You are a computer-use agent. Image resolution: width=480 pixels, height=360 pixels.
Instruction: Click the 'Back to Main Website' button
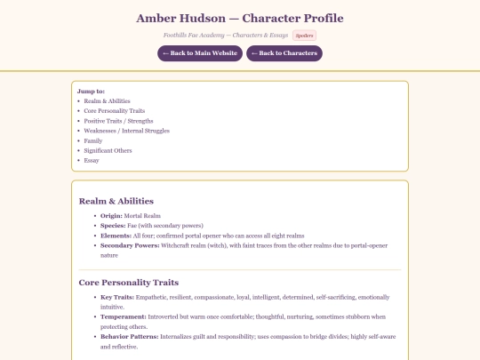point(199,53)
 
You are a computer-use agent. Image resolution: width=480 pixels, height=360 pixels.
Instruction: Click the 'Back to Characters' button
point(284,53)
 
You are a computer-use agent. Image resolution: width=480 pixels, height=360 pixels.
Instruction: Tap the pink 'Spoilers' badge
point(304,36)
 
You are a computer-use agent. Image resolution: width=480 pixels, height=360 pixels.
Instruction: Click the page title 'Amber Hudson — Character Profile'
point(239,18)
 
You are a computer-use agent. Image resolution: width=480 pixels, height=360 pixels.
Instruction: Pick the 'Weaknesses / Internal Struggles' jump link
point(126,131)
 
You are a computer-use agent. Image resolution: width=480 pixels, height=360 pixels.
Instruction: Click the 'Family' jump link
point(93,140)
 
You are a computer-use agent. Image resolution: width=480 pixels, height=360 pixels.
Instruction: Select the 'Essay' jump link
point(92,160)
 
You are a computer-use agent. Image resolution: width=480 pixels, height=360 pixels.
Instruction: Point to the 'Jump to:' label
point(92,91)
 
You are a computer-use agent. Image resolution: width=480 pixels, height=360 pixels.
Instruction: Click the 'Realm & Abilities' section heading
point(116,201)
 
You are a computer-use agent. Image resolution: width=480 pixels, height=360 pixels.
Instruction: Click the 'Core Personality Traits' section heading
point(134,282)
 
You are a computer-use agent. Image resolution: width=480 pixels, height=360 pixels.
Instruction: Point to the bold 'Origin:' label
point(112,216)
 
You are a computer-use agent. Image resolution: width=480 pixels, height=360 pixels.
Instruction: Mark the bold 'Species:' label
point(114,226)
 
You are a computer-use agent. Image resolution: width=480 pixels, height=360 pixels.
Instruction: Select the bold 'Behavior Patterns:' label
point(130,336)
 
